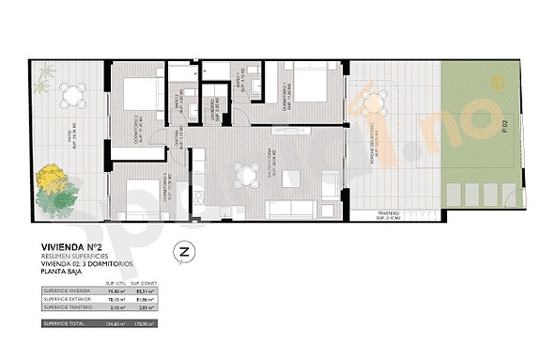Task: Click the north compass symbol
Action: tap(184, 251)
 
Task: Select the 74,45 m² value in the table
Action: tap(116, 292)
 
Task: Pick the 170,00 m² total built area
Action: tap(142, 323)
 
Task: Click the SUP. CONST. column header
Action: tap(142, 283)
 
